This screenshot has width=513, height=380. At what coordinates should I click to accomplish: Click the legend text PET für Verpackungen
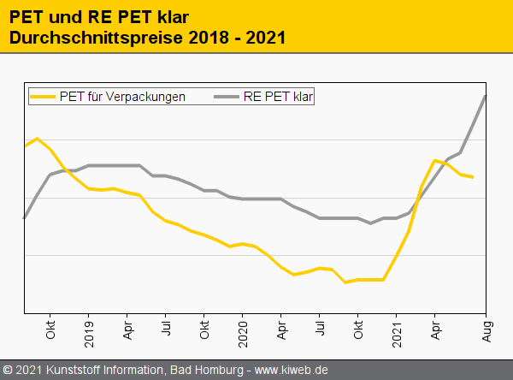[122, 97]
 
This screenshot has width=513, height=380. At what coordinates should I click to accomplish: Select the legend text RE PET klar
[278, 97]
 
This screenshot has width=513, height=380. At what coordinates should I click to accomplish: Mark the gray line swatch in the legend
[224, 97]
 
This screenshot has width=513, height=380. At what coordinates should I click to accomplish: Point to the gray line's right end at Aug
[486, 95]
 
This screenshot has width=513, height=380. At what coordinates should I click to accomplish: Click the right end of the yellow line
[473, 177]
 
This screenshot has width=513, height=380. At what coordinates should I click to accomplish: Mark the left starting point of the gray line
[24, 218]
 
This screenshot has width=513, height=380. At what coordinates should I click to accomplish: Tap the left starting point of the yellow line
[24, 145]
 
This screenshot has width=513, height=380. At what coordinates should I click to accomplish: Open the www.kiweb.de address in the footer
[292, 371]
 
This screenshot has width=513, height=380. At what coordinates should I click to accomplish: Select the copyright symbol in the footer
[7, 371]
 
